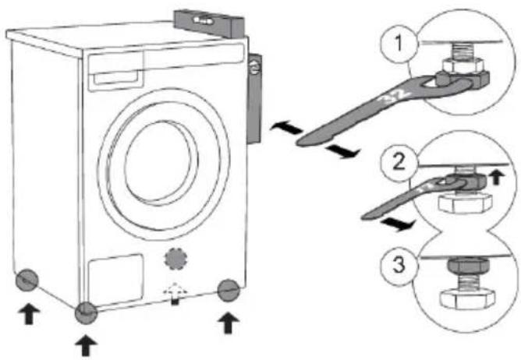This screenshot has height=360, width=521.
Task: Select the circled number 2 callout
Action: point(399,162)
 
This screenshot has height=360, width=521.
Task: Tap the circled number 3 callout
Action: point(399,265)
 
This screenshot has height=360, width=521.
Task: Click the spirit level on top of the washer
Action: point(210,23)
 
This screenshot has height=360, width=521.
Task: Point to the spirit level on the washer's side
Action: point(254,99)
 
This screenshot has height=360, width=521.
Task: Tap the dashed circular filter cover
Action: point(175,258)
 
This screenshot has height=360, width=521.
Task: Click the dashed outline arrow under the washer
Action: point(175,293)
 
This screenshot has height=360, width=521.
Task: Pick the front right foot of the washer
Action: point(229,290)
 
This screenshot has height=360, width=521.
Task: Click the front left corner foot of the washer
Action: point(86,313)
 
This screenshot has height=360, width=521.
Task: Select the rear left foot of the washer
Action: point(27,280)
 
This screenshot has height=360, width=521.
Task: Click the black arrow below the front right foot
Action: point(228,323)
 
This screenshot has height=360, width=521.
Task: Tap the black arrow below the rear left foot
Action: point(29,314)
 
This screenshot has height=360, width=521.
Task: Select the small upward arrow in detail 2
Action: point(496,178)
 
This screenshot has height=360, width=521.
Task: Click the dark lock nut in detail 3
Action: point(469,266)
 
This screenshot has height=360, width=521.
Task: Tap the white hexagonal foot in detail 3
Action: point(467,299)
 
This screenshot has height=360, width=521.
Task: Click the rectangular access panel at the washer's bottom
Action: point(115,280)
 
